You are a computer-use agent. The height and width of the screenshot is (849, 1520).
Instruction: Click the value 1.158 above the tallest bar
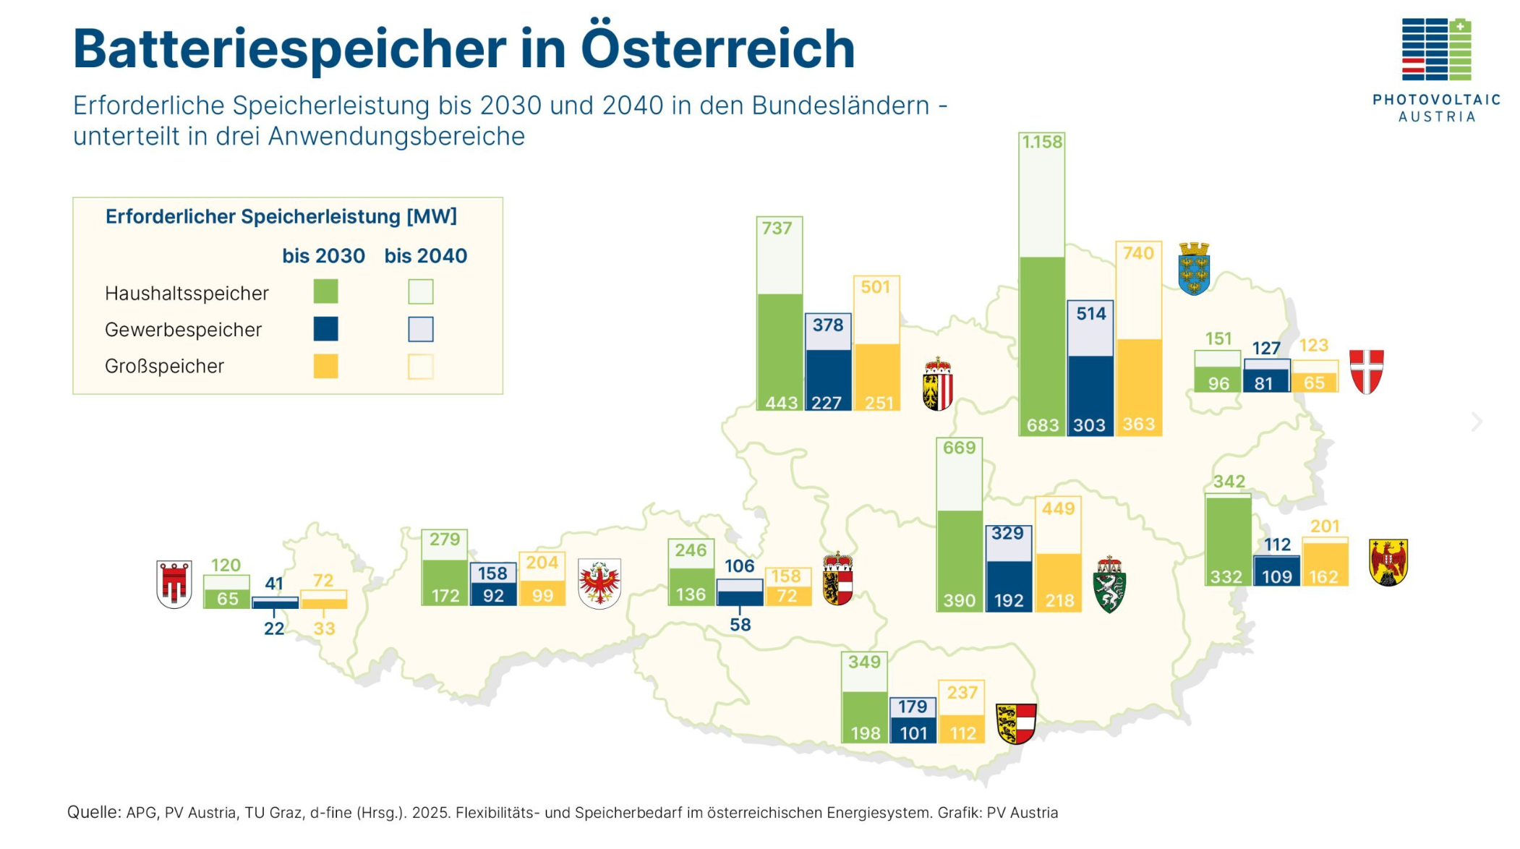[1042, 142]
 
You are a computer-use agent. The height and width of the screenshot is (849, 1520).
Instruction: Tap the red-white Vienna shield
[1366, 371]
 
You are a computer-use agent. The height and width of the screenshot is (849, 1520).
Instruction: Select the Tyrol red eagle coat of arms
[599, 583]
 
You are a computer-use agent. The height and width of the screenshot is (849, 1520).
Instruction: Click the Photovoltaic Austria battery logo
[1436, 49]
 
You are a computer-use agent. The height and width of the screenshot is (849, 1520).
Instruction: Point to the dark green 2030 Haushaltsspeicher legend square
[325, 291]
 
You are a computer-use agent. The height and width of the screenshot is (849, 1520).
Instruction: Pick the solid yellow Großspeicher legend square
[325, 366]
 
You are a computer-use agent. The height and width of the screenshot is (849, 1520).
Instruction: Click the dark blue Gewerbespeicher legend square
[325, 329]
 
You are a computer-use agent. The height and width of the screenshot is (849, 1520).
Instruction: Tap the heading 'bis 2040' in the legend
[425, 256]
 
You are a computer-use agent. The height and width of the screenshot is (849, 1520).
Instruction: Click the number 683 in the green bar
[1042, 425]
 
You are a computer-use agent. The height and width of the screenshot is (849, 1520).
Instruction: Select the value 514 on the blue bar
[1090, 314]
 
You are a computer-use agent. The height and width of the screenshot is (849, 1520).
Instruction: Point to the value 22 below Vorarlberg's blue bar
[274, 628]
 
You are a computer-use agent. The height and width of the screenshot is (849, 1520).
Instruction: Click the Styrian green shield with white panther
[1109, 584]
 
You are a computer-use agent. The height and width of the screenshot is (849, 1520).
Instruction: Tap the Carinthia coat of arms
[1016, 723]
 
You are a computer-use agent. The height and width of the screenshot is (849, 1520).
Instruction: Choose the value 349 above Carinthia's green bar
[864, 662]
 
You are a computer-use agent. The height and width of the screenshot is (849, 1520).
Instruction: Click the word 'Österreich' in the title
[717, 49]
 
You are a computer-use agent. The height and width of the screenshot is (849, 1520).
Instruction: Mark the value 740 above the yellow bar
[1138, 253]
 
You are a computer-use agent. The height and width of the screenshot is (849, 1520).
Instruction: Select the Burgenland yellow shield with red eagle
[1388, 562]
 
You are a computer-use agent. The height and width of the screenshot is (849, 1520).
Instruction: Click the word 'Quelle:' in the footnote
[94, 812]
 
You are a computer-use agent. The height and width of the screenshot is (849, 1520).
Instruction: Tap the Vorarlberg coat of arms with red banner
[174, 584]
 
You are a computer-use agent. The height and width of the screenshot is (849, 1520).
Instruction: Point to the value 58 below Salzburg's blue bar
[740, 625]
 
